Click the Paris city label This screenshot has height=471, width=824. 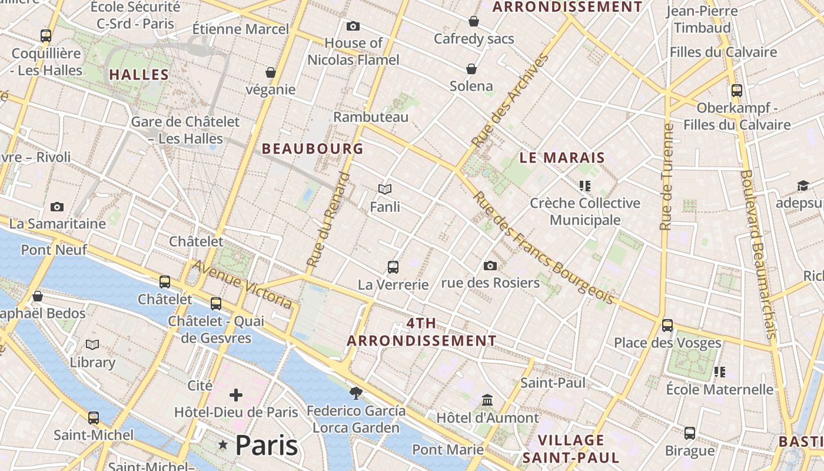267,445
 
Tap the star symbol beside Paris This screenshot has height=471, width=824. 223,445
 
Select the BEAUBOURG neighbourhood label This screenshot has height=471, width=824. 313,148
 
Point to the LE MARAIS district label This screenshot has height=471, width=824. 562,157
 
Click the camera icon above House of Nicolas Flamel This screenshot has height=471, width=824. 353,26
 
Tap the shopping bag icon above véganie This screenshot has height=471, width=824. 271,72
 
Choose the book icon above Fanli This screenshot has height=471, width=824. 385,189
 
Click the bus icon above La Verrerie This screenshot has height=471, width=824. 393,267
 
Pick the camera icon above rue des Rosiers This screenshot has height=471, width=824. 490,266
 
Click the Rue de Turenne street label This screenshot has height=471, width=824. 666,177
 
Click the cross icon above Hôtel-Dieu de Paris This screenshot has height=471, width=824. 236,394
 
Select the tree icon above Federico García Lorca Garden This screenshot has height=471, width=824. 355,393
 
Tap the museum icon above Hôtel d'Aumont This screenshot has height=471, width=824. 487,400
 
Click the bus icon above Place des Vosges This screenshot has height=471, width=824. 667,325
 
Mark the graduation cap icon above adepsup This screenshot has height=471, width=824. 803,186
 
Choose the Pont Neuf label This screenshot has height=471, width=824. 54,250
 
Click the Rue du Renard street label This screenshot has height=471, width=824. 328,219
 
